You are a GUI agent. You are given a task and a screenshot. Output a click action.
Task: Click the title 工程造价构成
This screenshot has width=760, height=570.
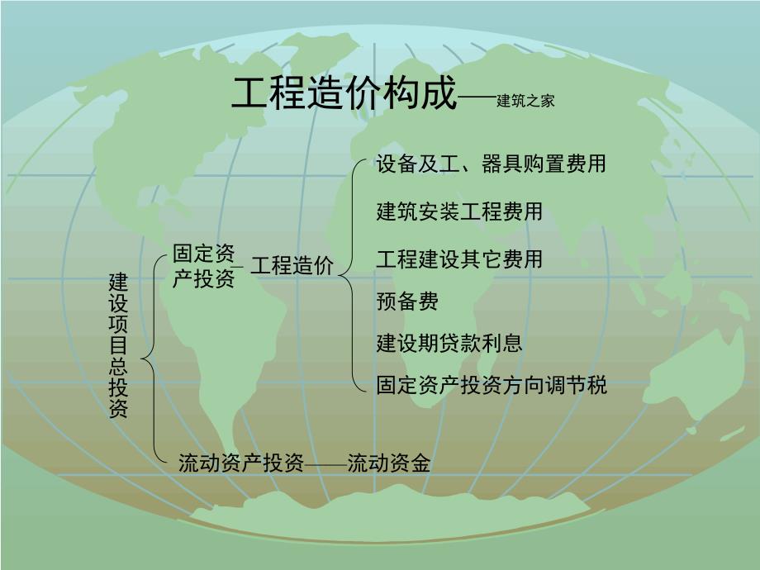pyautogui.click(x=343, y=95)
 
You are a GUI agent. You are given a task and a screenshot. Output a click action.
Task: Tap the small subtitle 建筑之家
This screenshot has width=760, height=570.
pyautogui.click(x=525, y=102)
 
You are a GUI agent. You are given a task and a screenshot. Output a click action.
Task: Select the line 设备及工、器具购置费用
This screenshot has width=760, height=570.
pyautogui.click(x=491, y=164)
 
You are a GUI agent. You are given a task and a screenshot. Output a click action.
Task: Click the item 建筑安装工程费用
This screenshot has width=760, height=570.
pyautogui.click(x=459, y=211)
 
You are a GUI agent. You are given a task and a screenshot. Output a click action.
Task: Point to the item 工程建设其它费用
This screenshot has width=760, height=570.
pyautogui.click(x=459, y=259)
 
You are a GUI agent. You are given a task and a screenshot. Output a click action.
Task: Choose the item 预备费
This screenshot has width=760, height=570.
pyautogui.click(x=407, y=301)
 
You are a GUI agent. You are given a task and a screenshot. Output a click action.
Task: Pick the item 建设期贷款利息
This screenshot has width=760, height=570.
pyautogui.click(x=449, y=343)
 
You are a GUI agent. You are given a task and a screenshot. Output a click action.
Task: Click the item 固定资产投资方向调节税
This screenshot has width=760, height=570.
pyautogui.click(x=491, y=384)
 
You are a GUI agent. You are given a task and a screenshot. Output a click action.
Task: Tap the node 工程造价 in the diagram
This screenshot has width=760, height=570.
pyautogui.click(x=292, y=266)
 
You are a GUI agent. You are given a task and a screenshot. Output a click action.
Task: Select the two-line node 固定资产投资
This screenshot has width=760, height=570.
pyautogui.click(x=203, y=265)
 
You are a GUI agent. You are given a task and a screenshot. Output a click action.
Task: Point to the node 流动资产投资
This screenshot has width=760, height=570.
pyautogui.click(x=241, y=463)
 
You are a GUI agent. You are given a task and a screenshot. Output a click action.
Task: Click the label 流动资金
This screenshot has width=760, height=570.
pyautogui.click(x=388, y=463)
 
